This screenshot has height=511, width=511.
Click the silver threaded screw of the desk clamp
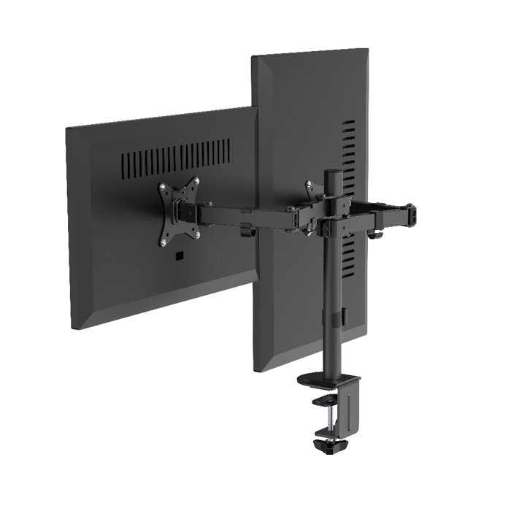pos(334,423)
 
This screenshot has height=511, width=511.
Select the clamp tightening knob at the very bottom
pos(334,445)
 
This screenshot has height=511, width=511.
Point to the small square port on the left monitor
pos(179,256)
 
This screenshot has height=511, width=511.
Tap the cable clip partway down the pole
pos(338,318)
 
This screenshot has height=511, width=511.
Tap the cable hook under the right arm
pos(377,235)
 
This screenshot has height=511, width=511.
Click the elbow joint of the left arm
pos(296,218)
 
